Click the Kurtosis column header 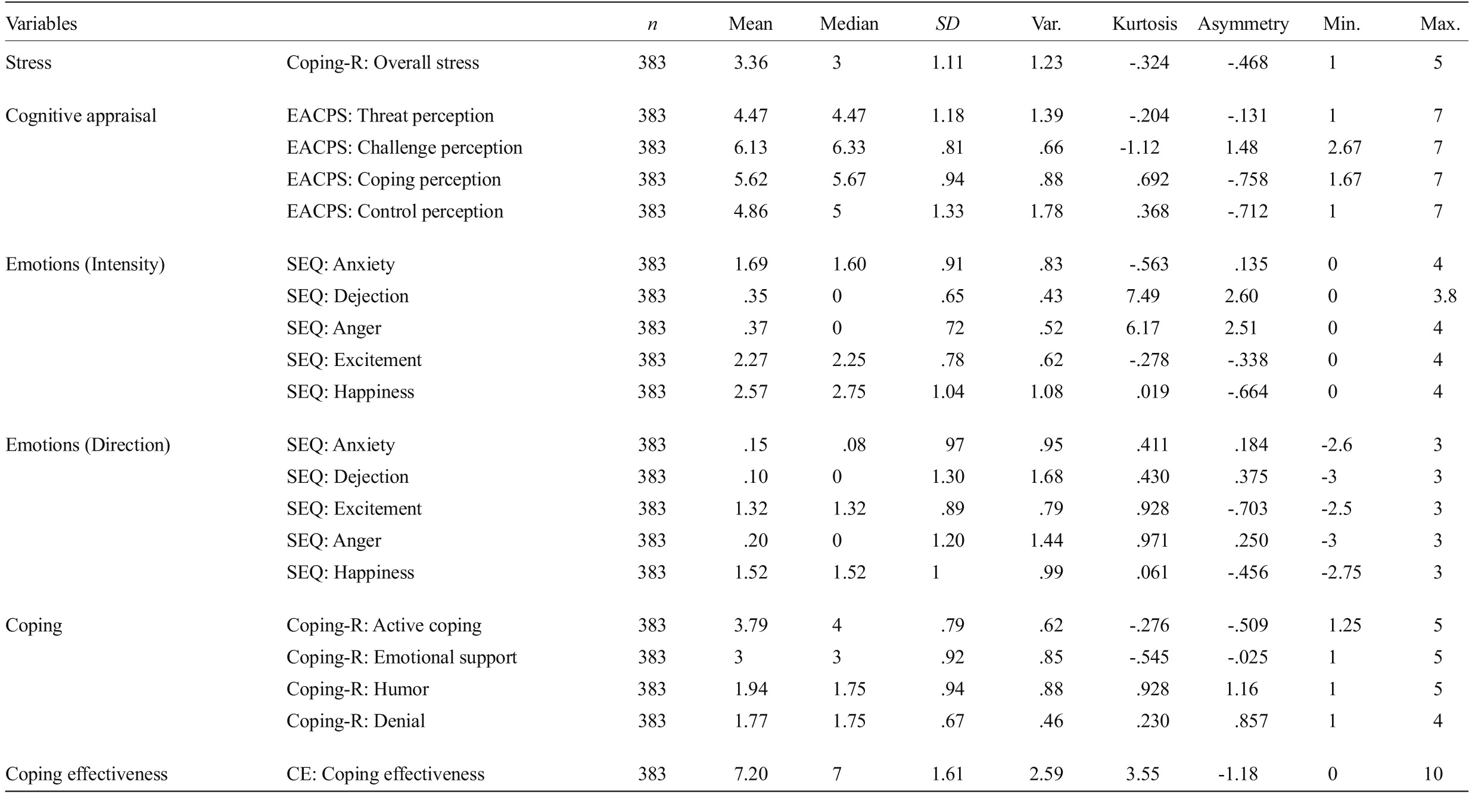(1144, 24)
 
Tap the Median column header (849, 24)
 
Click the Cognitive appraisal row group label (81, 116)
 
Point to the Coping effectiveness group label (86, 774)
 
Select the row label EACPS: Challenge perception (404, 148)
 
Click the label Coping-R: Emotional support (402, 658)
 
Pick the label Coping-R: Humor (357, 689)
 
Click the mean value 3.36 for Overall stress (751, 63)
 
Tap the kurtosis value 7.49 (1143, 296)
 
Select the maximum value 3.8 (1445, 296)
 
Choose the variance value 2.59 (1046, 774)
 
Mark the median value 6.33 (849, 148)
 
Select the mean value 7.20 (751, 774)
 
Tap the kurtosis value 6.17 (1143, 328)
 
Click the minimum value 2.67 (1344, 148)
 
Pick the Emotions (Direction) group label (88, 445)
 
